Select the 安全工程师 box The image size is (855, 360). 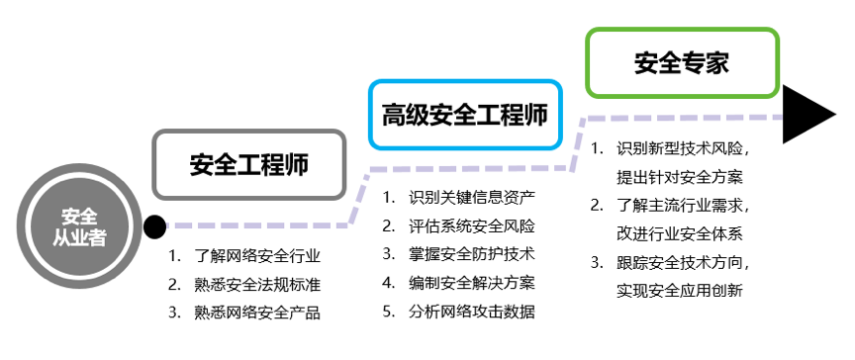[x=248, y=164]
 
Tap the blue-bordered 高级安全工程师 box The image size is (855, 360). [x=465, y=115]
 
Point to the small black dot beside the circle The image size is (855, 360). [x=154, y=228]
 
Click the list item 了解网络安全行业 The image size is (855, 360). [x=258, y=256]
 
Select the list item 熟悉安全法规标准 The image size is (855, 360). [x=258, y=285]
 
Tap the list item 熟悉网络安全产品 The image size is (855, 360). [x=258, y=313]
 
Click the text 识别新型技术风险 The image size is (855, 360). [x=683, y=149]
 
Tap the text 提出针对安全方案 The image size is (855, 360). [x=679, y=178]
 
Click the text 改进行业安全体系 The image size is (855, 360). [x=679, y=234]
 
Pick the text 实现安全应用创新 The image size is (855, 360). [x=679, y=292]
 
